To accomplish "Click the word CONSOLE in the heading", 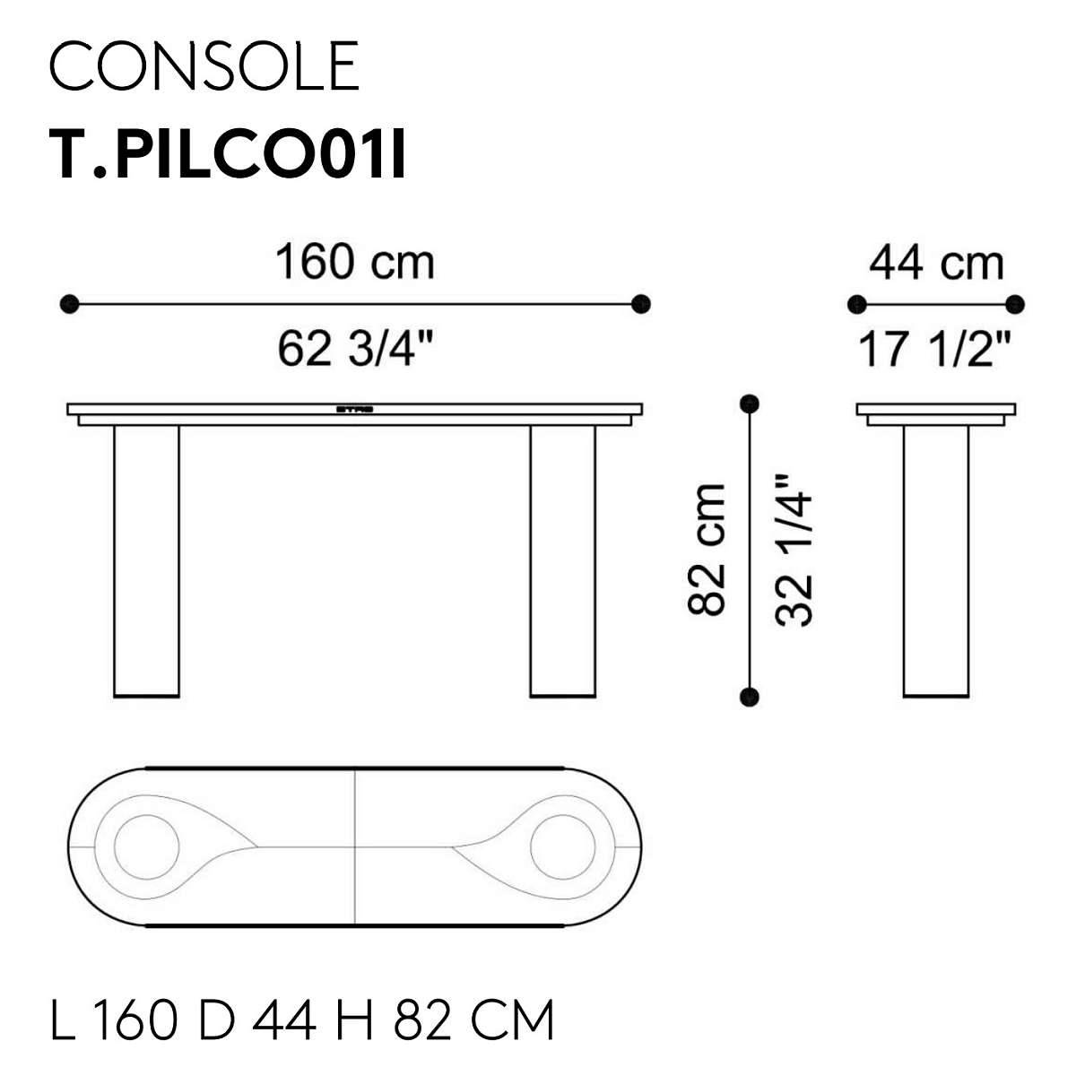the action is [x=204, y=65].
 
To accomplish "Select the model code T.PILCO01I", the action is [x=227, y=153].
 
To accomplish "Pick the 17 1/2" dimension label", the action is [x=934, y=349].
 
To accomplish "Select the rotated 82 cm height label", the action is [x=707, y=550].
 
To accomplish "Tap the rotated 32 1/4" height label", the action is [x=793, y=551].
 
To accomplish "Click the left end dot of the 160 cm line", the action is [x=69, y=304].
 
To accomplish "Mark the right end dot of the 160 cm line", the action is [x=640, y=304].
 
